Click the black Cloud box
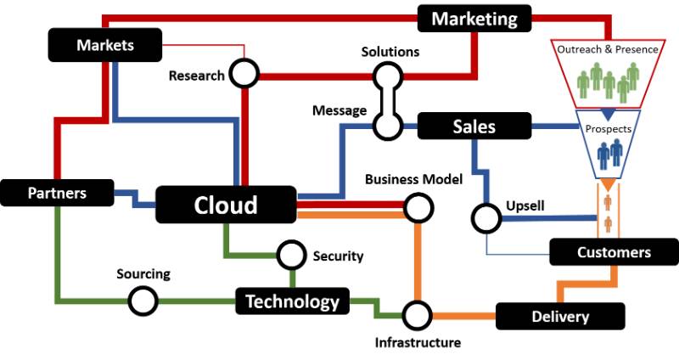point(226,205)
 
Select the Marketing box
point(474,18)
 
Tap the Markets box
point(105,44)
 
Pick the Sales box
point(474,127)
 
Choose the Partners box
point(57,193)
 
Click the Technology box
point(292,301)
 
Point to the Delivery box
point(560,317)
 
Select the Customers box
point(613,252)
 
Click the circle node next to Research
point(244,74)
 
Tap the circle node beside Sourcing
point(143,300)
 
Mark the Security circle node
point(291,254)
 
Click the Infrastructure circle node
point(417,315)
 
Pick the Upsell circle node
point(486,218)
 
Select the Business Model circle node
point(417,206)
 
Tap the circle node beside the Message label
point(388,126)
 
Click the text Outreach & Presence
point(608,49)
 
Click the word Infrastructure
point(418,342)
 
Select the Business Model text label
point(413,179)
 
